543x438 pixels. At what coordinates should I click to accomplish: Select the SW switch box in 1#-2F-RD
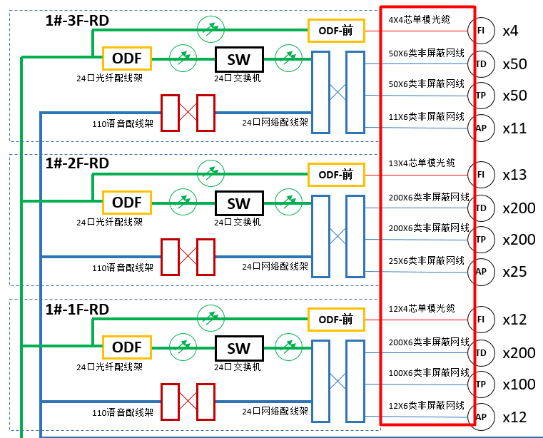(x=239, y=203)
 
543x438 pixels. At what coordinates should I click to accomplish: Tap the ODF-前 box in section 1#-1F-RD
(x=336, y=319)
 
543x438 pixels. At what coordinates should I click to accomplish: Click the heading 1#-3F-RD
(x=77, y=21)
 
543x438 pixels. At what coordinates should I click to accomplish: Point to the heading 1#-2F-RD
(x=77, y=163)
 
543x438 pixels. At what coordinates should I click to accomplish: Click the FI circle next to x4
(x=481, y=31)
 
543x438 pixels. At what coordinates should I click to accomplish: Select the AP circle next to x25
(x=481, y=272)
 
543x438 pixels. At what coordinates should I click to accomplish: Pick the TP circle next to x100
(x=481, y=384)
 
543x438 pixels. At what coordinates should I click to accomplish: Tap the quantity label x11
(x=514, y=128)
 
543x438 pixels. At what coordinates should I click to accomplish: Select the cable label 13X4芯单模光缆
(x=421, y=163)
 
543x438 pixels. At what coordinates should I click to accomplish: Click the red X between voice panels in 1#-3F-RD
(x=188, y=113)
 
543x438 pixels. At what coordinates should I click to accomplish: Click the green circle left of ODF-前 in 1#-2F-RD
(x=210, y=172)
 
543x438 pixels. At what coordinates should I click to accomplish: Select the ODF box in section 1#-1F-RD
(x=128, y=347)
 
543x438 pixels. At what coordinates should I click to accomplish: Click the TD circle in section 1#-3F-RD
(x=481, y=64)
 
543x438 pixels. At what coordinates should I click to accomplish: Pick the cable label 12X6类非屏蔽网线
(x=426, y=405)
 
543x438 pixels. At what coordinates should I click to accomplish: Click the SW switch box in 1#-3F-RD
(x=239, y=58)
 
